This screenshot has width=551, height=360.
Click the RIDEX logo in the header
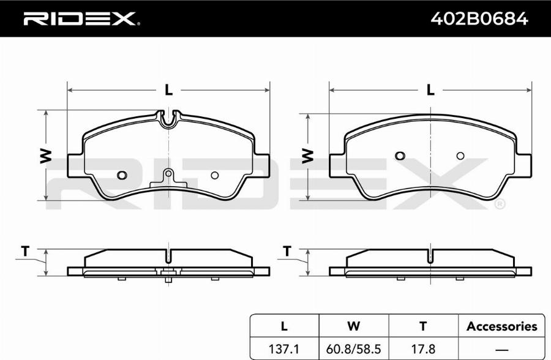point(81,18)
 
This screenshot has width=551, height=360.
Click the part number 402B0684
point(479,18)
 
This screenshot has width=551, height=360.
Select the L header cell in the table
point(284,326)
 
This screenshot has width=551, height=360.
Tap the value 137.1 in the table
point(283,349)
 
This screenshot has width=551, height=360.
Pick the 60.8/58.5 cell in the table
point(353,349)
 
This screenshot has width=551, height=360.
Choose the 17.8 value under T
point(423,349)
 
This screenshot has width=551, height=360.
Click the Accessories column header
point(502,326)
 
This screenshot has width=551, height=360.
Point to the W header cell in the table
point(353,326)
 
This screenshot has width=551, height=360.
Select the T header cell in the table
point(423,326)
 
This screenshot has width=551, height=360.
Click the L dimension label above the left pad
point(169,90)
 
